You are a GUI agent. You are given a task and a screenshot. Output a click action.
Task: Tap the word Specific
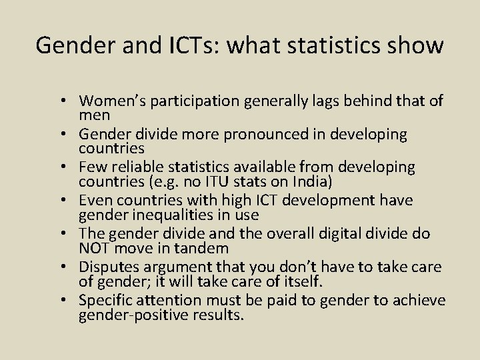[x=105, y=301]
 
